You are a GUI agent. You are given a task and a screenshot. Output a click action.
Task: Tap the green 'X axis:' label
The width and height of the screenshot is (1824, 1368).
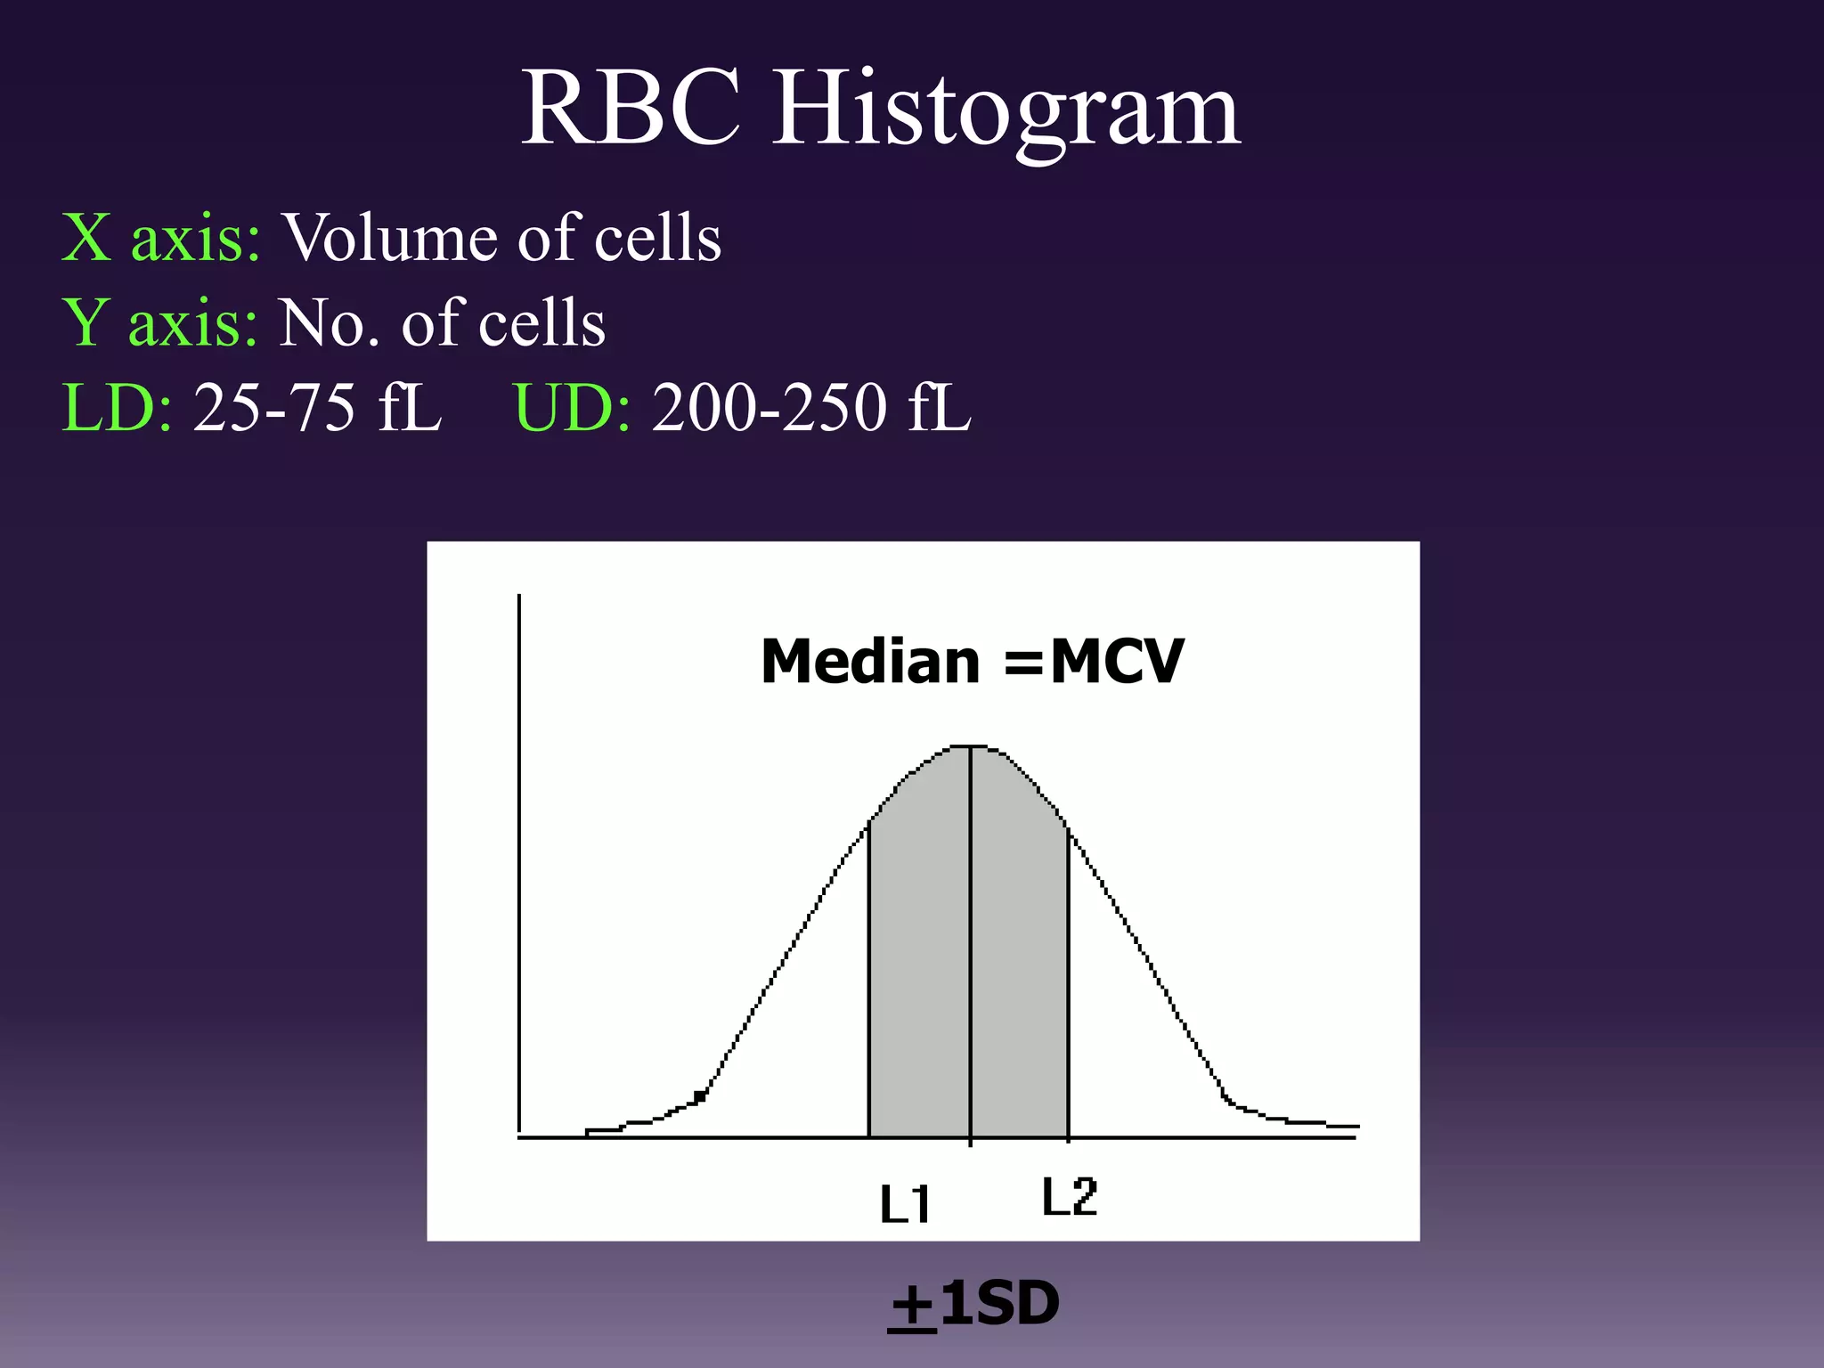[161, 238]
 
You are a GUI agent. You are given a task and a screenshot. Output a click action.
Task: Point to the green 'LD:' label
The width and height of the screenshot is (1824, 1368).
[117, 408]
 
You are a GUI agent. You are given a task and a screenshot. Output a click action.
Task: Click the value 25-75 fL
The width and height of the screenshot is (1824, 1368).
[317, 408]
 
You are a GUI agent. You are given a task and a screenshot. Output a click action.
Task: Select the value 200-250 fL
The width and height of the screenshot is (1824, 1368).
[810, 408]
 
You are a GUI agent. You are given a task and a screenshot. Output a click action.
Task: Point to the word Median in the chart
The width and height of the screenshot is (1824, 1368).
[870, 662]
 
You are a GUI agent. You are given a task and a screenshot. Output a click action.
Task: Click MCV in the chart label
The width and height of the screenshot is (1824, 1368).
[1117, 662]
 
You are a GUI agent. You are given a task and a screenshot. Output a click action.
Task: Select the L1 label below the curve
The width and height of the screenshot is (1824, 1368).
[905, 1204]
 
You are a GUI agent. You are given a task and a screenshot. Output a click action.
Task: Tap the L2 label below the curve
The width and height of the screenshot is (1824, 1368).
[1070, 1197]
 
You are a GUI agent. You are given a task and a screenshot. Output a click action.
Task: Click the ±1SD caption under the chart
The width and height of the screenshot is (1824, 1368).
[974, 1304]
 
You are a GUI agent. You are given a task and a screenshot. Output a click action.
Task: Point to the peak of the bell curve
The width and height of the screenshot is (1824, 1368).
[969, 746]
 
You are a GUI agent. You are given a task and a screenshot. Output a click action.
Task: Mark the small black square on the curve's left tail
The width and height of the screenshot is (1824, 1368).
[700, 1096]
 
